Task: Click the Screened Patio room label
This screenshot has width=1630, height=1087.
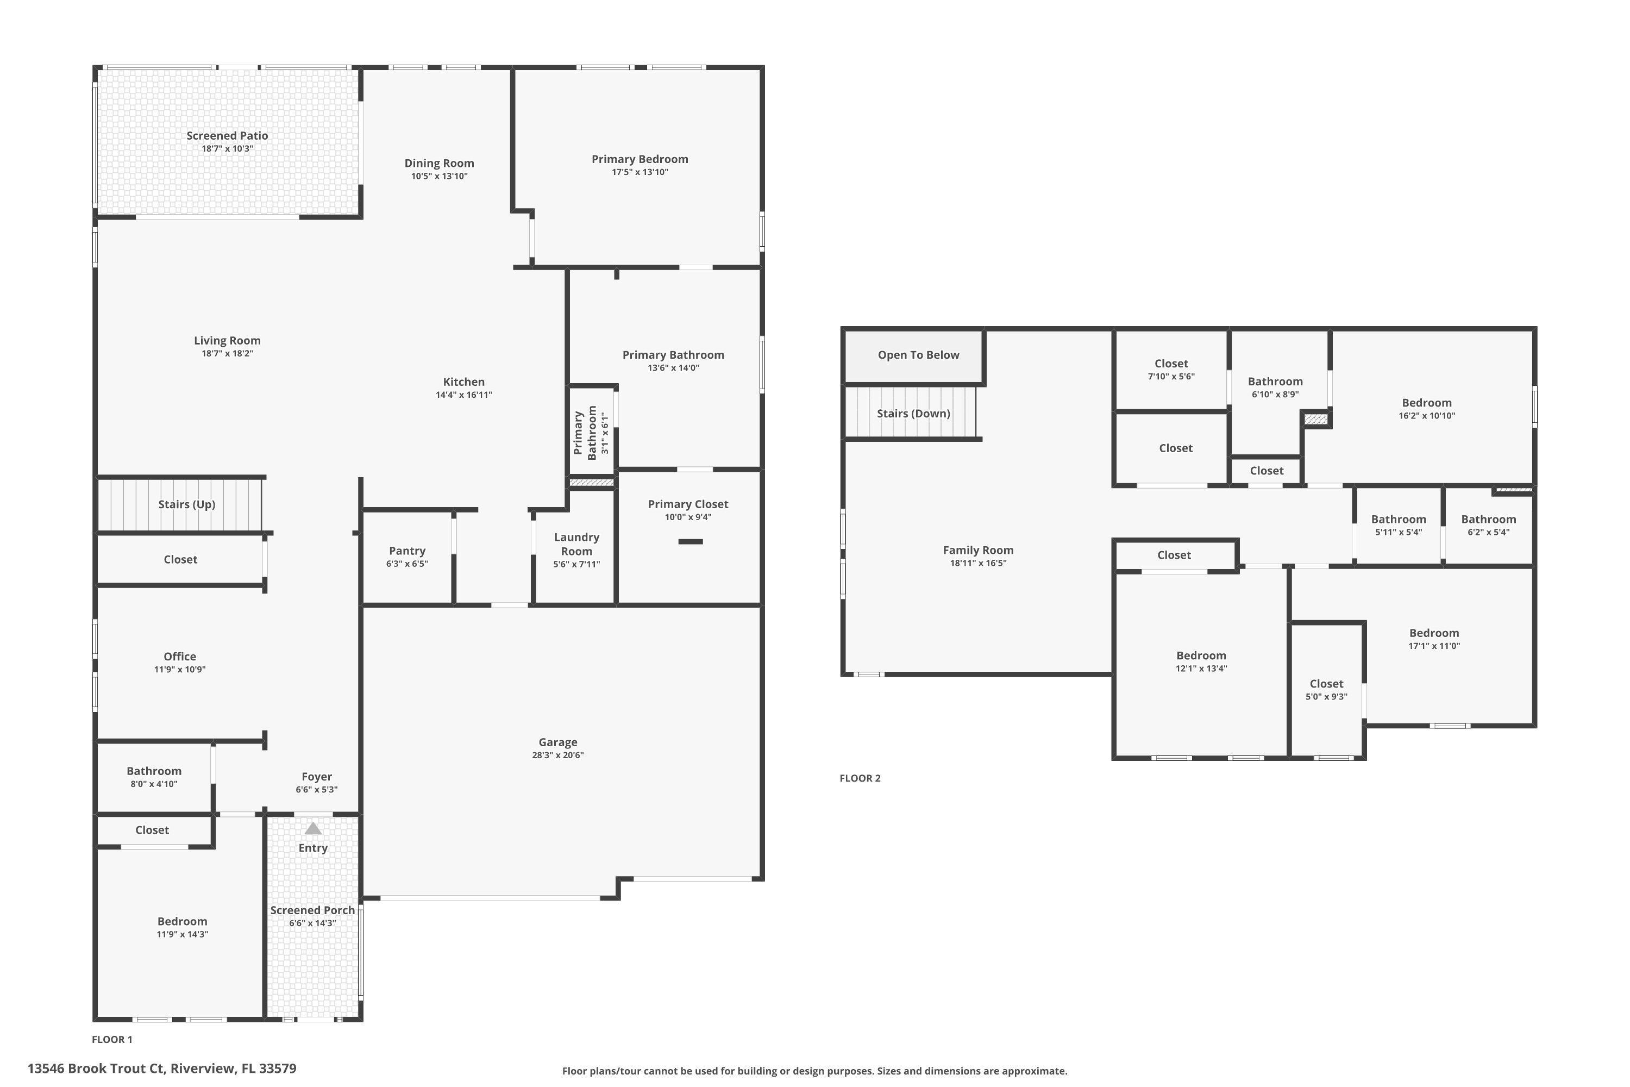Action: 227,136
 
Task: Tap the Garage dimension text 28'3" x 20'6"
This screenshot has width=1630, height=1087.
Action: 557,755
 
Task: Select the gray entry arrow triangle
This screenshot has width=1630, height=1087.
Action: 314,828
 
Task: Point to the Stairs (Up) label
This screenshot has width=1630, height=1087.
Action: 186,504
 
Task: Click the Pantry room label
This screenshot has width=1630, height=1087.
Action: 407,551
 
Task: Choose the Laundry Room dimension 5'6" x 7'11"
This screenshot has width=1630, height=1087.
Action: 576,564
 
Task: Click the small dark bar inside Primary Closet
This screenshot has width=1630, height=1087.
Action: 689,541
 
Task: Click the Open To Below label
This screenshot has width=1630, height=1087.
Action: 918,355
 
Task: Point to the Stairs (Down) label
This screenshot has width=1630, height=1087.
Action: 913,413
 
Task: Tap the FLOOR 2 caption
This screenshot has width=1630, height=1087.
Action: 860,778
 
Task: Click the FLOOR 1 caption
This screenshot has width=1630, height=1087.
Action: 111,1039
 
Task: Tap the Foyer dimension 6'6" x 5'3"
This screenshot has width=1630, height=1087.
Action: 316,790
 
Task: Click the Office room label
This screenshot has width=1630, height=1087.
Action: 179,657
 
